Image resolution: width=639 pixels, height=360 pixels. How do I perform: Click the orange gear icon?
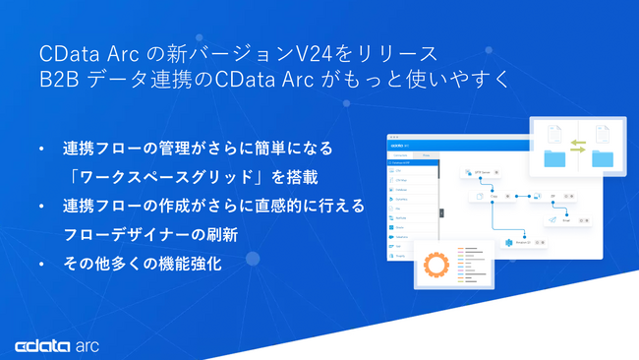(x=436, y=267)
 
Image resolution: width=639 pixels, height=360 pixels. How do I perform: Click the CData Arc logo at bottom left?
(x=57, y=345)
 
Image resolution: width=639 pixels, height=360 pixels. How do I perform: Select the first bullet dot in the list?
(x=41, y=150)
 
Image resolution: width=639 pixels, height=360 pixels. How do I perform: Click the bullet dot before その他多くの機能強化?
(x=41, y=265)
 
